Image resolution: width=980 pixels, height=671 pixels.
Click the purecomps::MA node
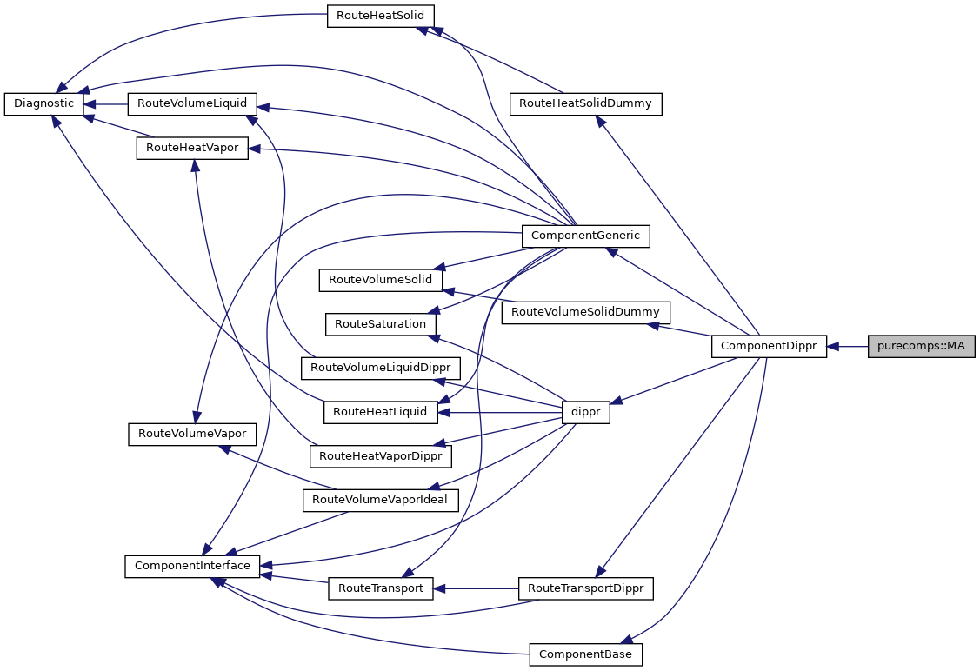(921, 346)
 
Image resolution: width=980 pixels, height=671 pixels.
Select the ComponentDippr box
(769, 346)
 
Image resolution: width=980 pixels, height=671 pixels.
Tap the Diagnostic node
(44, 103)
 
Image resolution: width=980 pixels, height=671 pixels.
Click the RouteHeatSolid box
(380, 16)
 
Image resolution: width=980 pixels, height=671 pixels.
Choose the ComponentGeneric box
(585, 235)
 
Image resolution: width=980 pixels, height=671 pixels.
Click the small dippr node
(586, 413)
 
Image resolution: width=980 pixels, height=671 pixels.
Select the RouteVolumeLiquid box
(192, 103)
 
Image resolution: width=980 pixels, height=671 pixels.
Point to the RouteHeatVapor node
(193, 148)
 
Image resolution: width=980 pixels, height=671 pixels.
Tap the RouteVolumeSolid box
(381, 280)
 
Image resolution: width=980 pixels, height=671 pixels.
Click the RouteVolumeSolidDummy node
(585, 312)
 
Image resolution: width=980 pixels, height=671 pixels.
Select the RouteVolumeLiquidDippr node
(379, 368)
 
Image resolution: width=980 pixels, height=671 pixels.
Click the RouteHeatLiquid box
(380, 412)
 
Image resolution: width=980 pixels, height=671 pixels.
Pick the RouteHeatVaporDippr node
(380, 455)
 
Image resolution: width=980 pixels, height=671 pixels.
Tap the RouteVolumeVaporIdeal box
(380, 500)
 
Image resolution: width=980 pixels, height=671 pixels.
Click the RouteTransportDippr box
(585, 588)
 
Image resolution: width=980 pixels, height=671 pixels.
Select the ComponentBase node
(585, 654)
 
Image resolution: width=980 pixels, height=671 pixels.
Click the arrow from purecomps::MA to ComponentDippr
(848, 346)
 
